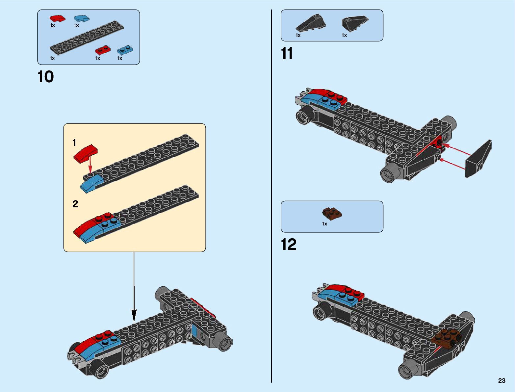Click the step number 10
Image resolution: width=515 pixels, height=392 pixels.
pos(45,77)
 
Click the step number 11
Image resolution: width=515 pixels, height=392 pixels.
pos(287,53)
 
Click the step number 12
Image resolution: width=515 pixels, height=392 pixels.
pos(289,245)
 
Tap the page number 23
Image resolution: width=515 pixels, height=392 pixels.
pos(502,380)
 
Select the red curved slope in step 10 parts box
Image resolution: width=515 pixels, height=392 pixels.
pos(57,18)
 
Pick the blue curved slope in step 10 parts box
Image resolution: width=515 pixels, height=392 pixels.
pos(81,18)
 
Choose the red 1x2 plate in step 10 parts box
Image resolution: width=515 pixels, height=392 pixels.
pos(103,50)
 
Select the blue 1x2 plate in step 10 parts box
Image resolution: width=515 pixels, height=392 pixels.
pos(125,50)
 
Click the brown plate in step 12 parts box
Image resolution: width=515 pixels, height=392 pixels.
pos(332,213)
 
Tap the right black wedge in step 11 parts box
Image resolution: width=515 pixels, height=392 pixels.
pos(355,22)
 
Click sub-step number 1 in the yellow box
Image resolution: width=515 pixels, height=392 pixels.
pos(74,143)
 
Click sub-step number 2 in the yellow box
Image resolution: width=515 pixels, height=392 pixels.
pos(75,204)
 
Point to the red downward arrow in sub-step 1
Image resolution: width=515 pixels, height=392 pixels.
pos(90,164)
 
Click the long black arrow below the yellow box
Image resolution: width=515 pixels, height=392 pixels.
pos(134,286)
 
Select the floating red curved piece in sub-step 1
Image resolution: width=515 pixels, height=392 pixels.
pos(85,154)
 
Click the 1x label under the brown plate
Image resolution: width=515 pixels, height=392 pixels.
pos(324,224)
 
